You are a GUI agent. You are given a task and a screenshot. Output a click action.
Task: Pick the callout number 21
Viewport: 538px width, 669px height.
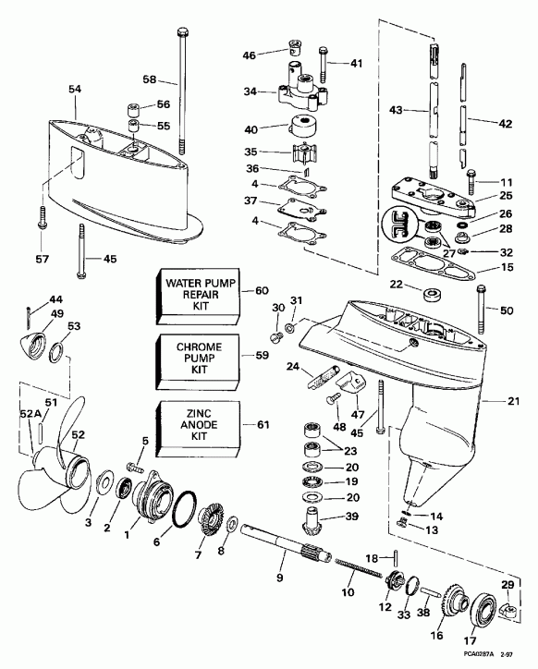pyautogui.click(x=513, y=402)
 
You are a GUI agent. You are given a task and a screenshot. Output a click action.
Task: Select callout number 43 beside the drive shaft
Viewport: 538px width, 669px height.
pyautogui.click(x=396, y=111)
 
